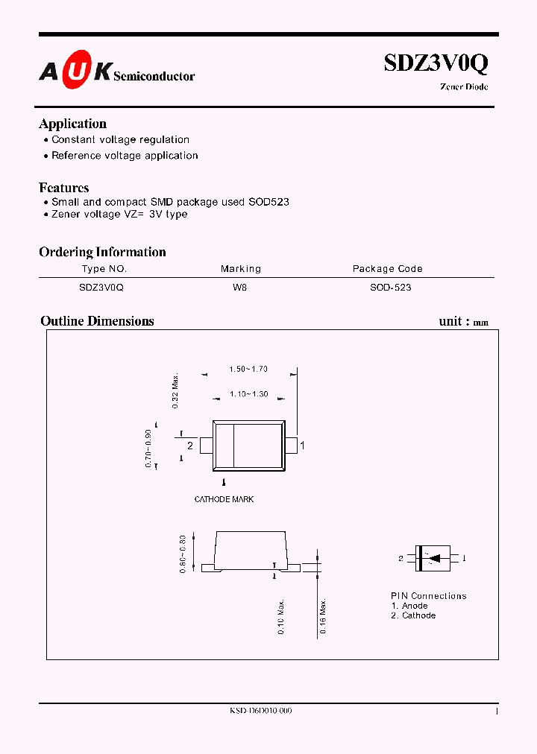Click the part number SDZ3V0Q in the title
(x=436, y=64)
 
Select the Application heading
(x=72, y=124)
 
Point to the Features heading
(x=63, y=188)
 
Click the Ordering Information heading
(x=102, y=252)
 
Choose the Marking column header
(x=240, y=269)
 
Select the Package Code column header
(x=387, y=269)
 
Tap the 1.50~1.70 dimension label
(x=248, y=369)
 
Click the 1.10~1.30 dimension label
(x=248, y=394)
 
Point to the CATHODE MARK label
(x=224, y=499)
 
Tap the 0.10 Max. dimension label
(x=281, y=615)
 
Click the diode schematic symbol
(x=432, y=558)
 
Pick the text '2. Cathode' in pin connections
(x=413, y=615)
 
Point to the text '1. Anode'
(x=409, y=606)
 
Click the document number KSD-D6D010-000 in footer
(x=260, y=711)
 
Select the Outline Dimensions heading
(x=97, y=321)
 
